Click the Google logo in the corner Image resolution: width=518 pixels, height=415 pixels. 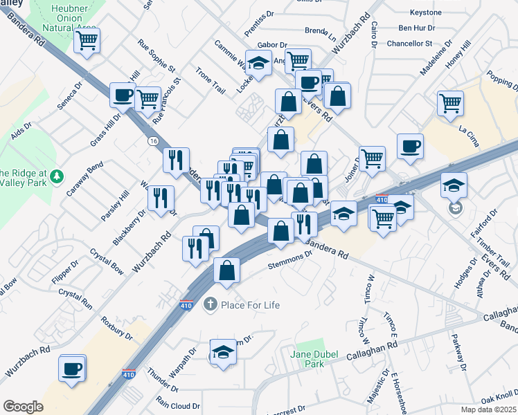click(x=23, y=407)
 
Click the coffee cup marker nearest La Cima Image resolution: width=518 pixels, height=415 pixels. click(x=410, y=146)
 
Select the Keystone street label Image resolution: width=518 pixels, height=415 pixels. click(x=425, y=12)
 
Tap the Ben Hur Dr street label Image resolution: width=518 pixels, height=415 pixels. click(x=417, y=28)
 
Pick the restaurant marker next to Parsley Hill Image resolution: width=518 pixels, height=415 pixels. click(x=161, y=198)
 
